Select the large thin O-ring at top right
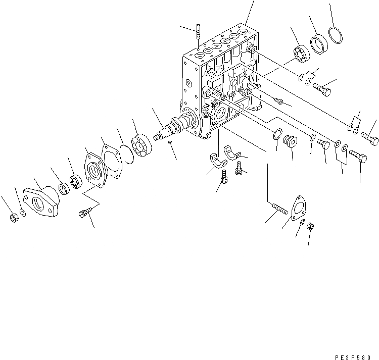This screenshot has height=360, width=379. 335,35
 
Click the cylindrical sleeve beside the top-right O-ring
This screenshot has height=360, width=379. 318,43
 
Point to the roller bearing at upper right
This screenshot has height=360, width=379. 301,54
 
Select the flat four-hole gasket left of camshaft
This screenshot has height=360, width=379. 113,162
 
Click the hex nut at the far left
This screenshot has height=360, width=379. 14,217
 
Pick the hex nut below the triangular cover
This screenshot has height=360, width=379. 311,227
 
